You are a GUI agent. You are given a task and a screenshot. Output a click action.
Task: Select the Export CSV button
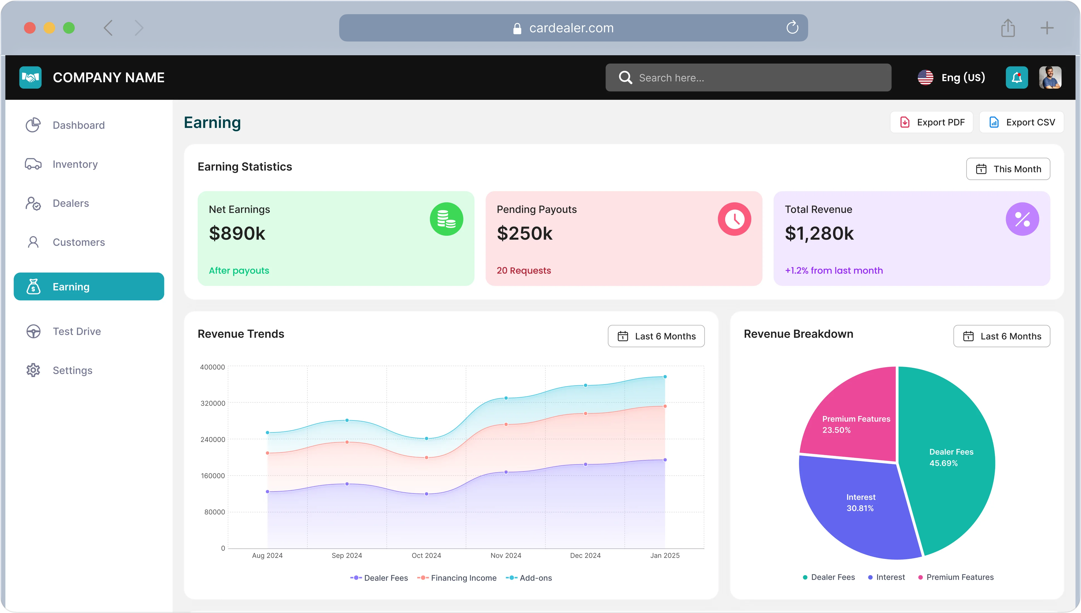click(x=1021, y=122)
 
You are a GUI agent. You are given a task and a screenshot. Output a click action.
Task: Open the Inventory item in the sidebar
click(x=75, y=164)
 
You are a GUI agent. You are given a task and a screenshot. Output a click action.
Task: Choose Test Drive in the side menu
click(x=77, y=331)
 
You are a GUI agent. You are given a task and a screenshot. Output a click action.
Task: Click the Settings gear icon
click(x=33, y=370)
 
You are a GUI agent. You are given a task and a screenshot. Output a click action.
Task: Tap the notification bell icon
click(x=1017, y=77)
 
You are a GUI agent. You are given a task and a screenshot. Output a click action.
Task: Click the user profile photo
click(x=1050, y=77)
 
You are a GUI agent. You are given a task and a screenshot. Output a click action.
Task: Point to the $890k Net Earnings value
click(x=237, y=233)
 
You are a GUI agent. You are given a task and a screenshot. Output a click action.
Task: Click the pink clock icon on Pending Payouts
click(x=734, y=219)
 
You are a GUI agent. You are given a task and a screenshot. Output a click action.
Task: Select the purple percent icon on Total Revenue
click(x=1022, y=219)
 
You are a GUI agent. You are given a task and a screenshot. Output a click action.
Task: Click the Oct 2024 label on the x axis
click(x=426, y=555)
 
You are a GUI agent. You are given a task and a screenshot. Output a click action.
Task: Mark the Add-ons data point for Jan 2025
click(x=665, y=377)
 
